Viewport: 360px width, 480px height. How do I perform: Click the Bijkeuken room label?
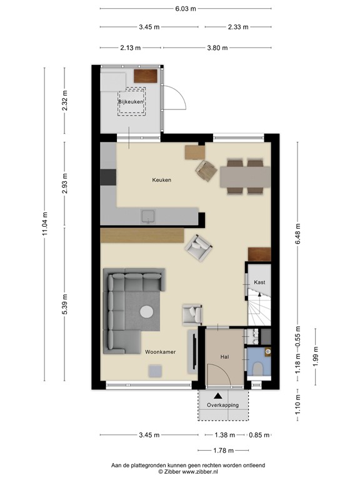[131, 101]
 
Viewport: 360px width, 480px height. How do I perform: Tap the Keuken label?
[161, 180]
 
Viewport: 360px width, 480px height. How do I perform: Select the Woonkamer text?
[160, 352]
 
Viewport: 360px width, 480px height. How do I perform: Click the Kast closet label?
[259, 282]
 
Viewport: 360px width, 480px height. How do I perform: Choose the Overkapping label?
[217, 406]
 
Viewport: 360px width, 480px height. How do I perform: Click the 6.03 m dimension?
[185, 9]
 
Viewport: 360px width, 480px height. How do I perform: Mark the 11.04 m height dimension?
[45, 224]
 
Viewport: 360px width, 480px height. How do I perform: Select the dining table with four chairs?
[245, 176]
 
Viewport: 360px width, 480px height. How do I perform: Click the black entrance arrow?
[217, 395]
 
